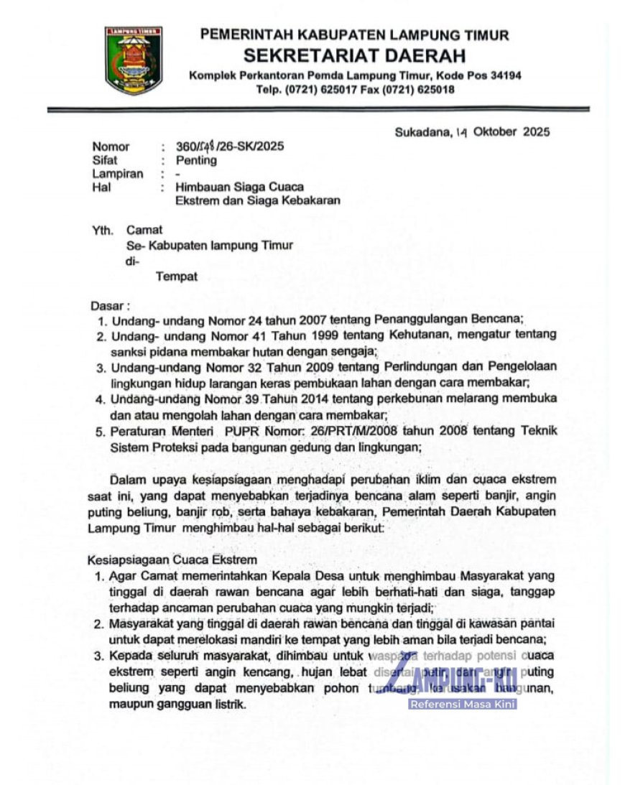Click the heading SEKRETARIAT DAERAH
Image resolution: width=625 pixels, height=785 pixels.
coord(354,55)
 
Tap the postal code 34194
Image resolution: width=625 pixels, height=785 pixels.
coord(502,75)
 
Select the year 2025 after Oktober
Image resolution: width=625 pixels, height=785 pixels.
coord(536,131)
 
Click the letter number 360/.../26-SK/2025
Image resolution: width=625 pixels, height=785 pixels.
coord(230,147)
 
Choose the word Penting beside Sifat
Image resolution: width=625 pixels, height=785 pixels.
coord(196,160)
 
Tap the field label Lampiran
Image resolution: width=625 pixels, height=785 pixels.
coord(118,174)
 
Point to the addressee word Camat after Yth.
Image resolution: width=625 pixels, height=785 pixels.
coord(144,231)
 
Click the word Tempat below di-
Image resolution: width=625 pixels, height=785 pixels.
coord(177,277)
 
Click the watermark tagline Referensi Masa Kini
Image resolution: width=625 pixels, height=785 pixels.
coord(463,704)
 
